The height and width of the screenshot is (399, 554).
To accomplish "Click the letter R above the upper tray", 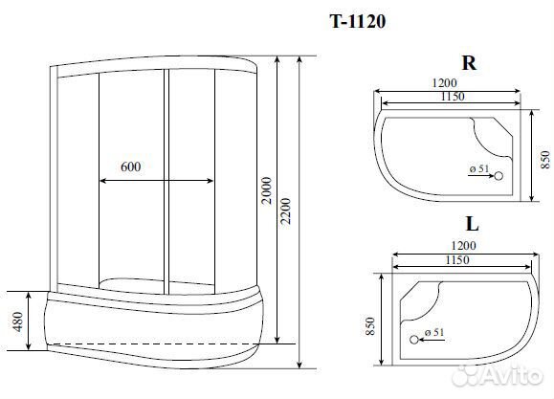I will coord(469,64).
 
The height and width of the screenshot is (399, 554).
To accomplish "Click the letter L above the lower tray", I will coord(471,227).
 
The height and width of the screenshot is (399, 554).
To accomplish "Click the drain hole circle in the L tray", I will coord(414,339).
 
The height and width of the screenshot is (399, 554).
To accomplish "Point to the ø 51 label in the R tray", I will coord(479,169).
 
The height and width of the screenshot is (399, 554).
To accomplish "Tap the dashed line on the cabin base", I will coord(154,342).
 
